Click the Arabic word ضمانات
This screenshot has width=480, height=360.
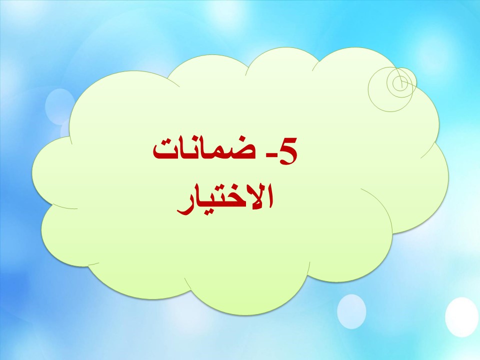point(204,150)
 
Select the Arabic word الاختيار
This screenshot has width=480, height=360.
point(225,199)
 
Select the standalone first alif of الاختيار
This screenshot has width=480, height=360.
point(269,196)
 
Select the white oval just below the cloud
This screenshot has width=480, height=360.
point(351,311)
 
